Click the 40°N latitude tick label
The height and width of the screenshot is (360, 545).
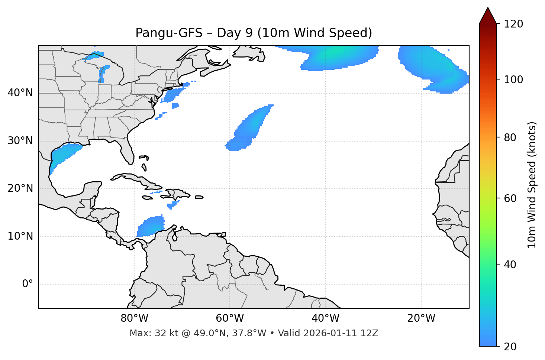(x=20, y=93)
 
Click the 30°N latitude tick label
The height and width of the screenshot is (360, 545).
(x=20, y=141)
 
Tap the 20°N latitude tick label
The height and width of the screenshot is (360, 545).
(x=20, y=188)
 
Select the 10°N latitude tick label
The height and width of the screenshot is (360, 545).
(x=20, y=236)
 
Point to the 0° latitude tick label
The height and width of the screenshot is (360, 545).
(x=28, y=284)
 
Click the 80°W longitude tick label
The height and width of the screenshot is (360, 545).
(x=134, y=318)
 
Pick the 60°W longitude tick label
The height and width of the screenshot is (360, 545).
(x=230, y=318)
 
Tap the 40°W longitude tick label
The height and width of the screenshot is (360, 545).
(x=326, y=318)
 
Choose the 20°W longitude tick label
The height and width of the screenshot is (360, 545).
(x=421, y=318)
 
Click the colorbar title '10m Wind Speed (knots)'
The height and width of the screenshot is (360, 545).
(x=532, y=185)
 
